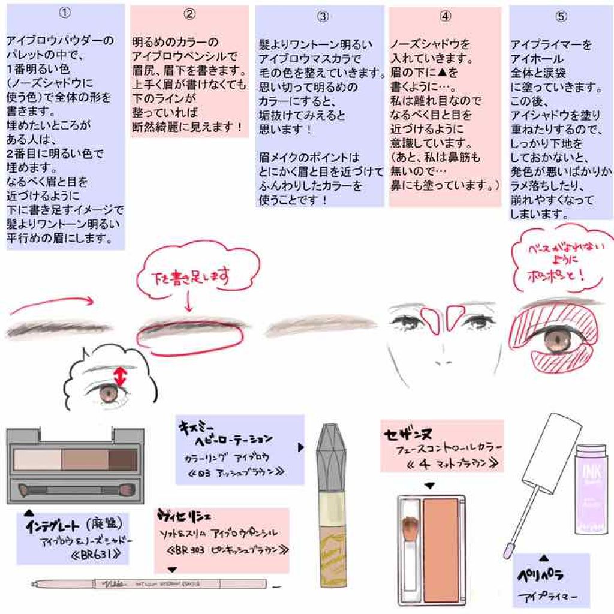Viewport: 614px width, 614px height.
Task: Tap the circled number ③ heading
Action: [x=323, y=17]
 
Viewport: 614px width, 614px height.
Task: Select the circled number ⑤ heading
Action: [x=561, y=17]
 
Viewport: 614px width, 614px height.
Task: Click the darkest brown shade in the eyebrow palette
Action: [x=123, y=459]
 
